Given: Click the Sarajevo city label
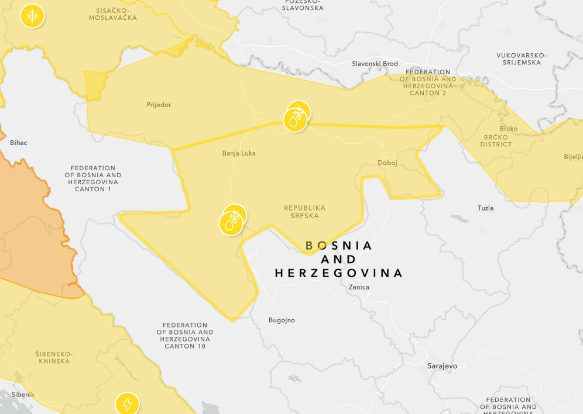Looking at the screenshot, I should (x=442, y=366).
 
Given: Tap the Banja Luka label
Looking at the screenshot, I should (x=239, y=153).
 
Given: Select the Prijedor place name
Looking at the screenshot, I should (x=159, y=105).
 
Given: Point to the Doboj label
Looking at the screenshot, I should (x=387, y=163).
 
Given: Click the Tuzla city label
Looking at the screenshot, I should (x=485, y=208).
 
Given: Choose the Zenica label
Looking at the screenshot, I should (x=359, y=287).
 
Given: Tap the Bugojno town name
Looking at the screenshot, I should (x=282, y=320).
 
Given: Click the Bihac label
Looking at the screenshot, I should (x=19, y=143).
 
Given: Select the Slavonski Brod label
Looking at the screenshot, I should (x=375, y=64).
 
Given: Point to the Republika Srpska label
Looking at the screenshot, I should (x=304, y=212).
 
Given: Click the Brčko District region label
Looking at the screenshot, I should (x=496, y=140).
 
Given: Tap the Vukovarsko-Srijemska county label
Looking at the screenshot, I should (x=522, y=59).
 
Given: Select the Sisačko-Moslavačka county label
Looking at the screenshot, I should (x=113, y=14).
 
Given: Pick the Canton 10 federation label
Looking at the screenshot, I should (x=185, y=336).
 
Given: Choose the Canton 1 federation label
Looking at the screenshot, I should (x=93, y=178).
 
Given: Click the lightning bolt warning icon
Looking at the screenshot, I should (x=127, y=403).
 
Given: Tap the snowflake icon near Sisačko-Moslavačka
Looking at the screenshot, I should (x=32, y=16).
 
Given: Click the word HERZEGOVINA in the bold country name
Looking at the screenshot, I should (x=339, y=273).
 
